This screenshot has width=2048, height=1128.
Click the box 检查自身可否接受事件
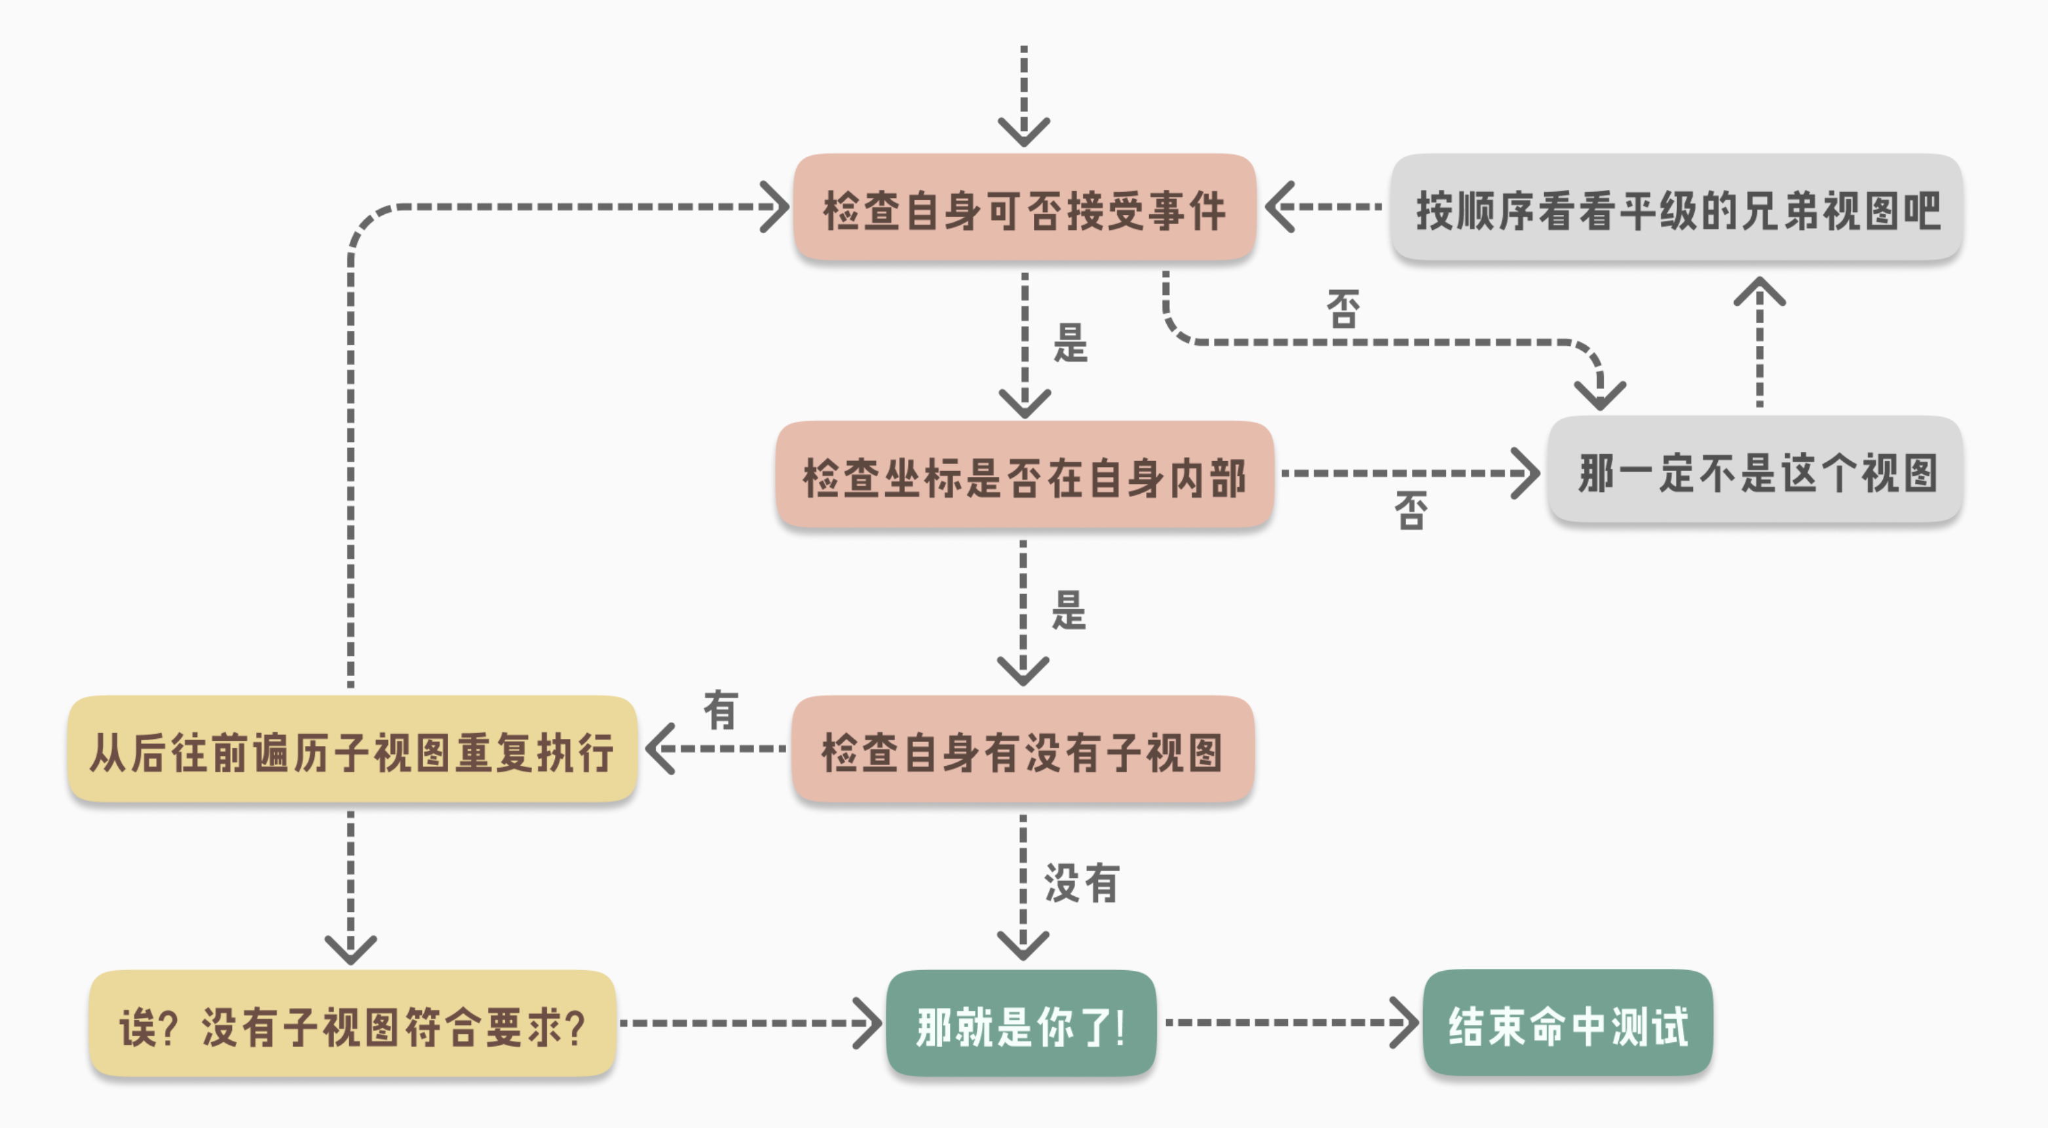point(1024,208)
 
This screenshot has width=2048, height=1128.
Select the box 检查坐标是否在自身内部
point(1024,476)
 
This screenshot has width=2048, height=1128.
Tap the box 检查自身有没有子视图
point(1023,749)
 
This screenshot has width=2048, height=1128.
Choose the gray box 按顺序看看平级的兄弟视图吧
point(1676,208)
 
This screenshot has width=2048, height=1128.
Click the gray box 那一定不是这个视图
point(1755,470)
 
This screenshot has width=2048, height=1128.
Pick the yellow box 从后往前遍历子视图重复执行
point(352,749)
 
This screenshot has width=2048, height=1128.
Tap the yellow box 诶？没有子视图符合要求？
point(352,1024)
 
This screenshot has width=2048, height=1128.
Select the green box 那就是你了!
point(1021,1024)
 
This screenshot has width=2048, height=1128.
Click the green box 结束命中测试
point(1567,1024)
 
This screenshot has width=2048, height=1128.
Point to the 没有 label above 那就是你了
point(1081,882)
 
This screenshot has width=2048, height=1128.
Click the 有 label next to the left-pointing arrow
point(720,710)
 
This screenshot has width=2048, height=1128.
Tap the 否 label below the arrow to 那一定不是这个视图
point(1411,510)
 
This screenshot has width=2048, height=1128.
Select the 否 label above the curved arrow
point(1344,309)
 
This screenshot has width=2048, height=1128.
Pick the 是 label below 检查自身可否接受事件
point(1070,343)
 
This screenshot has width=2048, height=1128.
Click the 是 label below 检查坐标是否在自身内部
point(1069,611)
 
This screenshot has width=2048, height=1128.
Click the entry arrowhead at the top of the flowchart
point(1024,131)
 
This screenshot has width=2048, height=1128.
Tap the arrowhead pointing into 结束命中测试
point(1405,1023)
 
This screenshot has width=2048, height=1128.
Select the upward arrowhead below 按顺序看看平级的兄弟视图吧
point(1759,291)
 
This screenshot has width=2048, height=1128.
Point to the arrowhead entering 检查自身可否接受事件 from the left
point(775,207)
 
